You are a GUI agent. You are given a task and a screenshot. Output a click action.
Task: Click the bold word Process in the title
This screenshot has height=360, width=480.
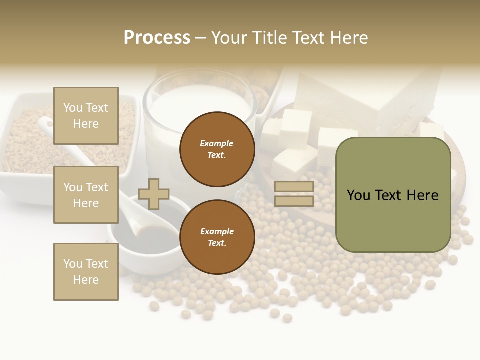tap(157, 38)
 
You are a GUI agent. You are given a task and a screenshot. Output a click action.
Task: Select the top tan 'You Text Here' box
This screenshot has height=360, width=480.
tap(86, 116)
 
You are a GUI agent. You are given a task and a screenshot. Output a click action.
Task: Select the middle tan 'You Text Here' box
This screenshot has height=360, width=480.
tap(86, 195)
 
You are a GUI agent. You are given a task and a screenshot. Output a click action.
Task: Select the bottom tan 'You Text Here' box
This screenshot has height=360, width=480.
tap(86, 271)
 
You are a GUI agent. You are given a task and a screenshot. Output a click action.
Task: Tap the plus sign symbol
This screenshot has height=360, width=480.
tap(154, 194)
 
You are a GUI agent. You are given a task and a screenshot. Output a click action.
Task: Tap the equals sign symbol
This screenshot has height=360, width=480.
tap(294, 194)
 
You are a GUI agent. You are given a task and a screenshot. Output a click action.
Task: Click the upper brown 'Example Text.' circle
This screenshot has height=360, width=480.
tap(217, 149)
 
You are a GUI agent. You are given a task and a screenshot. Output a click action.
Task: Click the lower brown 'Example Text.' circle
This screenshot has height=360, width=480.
tap(217, 237)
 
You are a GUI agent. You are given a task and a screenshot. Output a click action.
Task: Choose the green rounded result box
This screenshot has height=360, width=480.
tap(393, 195)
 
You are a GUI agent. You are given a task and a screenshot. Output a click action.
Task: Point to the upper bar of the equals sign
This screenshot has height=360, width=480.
tap(294, 187)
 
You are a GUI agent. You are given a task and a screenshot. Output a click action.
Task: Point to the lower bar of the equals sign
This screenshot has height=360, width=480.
tap(294, 201)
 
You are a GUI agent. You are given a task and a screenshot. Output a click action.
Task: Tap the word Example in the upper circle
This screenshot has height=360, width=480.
tap(217, 143)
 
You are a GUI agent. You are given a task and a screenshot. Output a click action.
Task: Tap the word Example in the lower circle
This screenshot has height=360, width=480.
tap(217, 231)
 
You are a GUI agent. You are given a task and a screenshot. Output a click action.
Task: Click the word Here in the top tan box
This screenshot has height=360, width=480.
tap(86, 124)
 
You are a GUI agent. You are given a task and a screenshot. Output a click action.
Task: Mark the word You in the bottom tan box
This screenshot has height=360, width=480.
tap(72, 264)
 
